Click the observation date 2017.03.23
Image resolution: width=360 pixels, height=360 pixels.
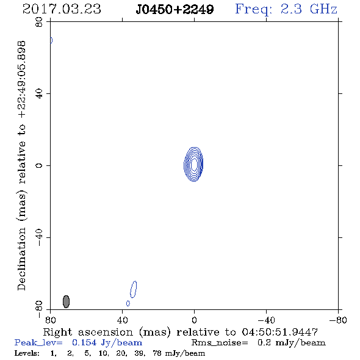pyautogui.click(x=62, y=9)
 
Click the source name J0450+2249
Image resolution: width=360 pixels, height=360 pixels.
pyautogui.click(x=175, y=10)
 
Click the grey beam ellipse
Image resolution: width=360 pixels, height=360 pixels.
pyautogui.click(x=66, y=301)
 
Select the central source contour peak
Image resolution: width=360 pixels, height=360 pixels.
pyautogui.click(x=194, y=164)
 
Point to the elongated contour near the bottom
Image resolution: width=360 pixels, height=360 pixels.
pyautogui.click(x=134, y=289)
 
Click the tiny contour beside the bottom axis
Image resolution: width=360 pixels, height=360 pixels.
pyautogui.click(x=128, y=303)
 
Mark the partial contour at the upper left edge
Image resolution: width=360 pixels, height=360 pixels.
pyautogui.click(x=51, y=40)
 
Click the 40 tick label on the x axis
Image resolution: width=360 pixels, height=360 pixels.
pyautogui.click(x=123, y=320)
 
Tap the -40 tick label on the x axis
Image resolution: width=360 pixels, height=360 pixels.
pyautogui.click(x=266, y=320)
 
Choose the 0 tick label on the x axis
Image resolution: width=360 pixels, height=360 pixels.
pyautogui.click(x=194, y=320)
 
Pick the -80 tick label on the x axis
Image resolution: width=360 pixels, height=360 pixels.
pyautogui.click(x=338, y=320)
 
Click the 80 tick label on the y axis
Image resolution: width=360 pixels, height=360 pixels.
pyautogui.click(x=39, y=22)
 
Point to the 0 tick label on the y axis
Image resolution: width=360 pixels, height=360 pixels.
pyautogui.click(x=39, y=165)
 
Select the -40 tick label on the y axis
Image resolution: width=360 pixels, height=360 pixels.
pyautogui.click(x=39, y=237)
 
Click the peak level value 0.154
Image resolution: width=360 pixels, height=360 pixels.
pyautogui.click(x=84, y=342)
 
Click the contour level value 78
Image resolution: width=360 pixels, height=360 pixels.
pyautogui.click(x=157, y=353)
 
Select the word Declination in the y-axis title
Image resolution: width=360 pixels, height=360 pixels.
pyautogui.click(x=21, y=259)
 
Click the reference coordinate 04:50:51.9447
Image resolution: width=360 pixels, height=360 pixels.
pyautogui.click(x=280, y=332)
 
